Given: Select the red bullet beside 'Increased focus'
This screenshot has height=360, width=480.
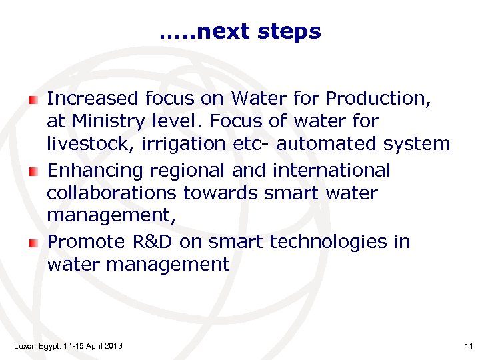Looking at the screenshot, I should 33,100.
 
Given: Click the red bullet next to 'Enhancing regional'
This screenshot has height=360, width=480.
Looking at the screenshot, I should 33,172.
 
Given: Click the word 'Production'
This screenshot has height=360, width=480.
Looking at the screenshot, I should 379,99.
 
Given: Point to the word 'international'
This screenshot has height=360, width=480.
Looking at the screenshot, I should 331,171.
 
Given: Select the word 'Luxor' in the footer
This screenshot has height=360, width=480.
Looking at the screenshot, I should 24,345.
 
